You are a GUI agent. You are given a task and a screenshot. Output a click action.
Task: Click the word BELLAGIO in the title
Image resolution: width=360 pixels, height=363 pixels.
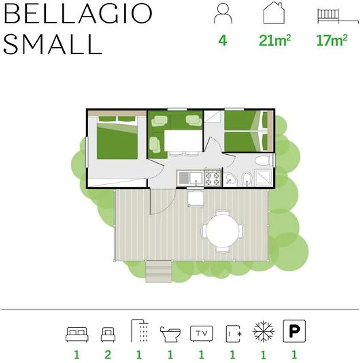point(78,14)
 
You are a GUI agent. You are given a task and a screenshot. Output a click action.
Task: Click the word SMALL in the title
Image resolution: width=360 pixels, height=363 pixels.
point(53,44)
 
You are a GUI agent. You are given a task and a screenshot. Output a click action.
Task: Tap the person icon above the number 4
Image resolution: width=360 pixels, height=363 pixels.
point(223,14)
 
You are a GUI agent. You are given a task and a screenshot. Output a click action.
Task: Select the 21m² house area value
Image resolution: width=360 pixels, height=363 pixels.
point(275,40)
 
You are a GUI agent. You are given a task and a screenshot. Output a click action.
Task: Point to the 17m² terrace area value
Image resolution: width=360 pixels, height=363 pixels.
point(332,40)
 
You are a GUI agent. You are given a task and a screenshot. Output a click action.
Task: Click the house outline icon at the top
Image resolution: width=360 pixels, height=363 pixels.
point(274,13)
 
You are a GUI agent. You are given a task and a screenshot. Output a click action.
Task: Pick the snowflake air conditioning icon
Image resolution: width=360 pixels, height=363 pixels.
point(263,331)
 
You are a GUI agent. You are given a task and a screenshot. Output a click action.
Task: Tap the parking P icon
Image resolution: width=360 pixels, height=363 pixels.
point(294,331)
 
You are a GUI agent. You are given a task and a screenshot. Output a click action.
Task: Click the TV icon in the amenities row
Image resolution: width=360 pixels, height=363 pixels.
point(201,334)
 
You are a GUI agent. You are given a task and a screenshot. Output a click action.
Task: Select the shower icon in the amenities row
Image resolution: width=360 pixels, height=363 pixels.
point(140,331)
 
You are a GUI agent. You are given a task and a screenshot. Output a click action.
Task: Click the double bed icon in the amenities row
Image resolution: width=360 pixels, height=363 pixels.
point(77,334)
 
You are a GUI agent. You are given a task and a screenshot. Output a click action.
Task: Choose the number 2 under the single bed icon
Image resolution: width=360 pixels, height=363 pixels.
point(108,354)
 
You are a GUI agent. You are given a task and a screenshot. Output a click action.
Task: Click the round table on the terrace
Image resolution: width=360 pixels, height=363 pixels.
point(222,231)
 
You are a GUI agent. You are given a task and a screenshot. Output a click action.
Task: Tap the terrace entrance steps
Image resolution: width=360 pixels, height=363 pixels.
point(159,271)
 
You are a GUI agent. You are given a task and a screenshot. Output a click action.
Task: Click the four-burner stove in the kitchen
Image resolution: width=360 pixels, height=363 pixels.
point(212,178)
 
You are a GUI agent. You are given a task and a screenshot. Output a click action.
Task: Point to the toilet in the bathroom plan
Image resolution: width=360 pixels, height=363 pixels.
point(264,161)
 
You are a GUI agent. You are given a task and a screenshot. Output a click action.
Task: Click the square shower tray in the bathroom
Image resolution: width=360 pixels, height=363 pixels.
point(263,178)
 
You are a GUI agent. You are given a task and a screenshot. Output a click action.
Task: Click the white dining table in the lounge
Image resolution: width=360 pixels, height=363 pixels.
point(183,141)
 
